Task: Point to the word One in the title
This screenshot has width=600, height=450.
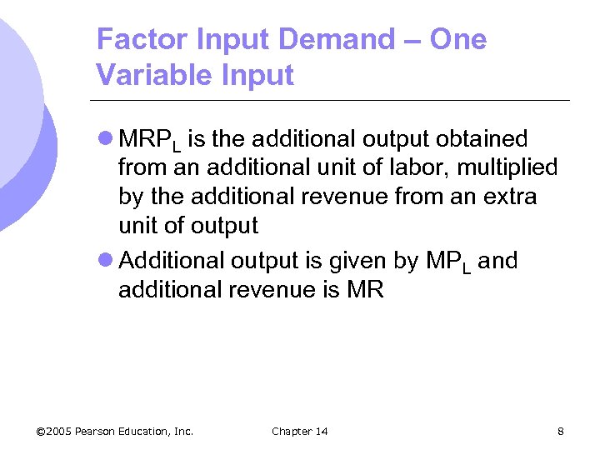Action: [x=458, y=39]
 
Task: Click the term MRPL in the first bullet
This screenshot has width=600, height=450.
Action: [x=149, y=139]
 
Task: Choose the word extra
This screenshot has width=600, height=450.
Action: [x=512, y=197]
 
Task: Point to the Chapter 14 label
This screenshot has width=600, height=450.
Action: [x=299, y=431]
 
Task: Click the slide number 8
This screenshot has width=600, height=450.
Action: [x=560, y=431]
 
